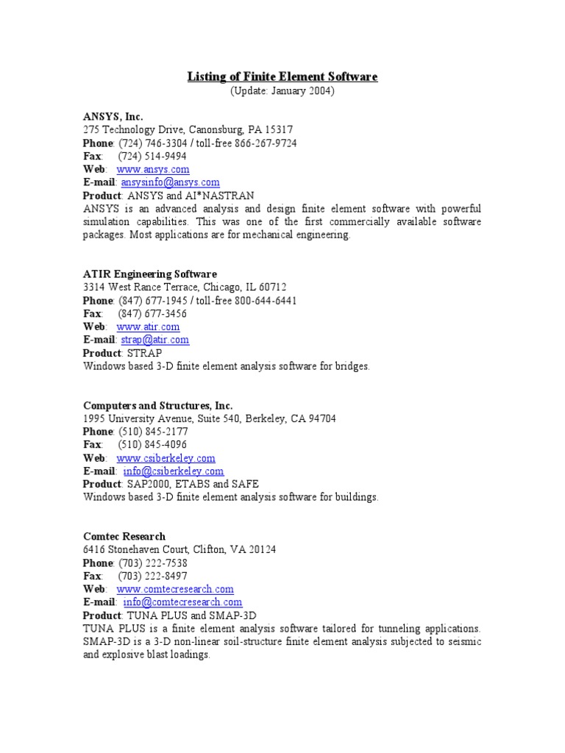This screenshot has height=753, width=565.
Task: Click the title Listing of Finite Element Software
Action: [282, 76]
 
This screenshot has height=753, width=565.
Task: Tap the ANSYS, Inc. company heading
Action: [113, 116]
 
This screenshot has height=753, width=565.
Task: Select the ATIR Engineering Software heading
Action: [149, 274]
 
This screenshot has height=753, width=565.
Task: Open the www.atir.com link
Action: [148, 326]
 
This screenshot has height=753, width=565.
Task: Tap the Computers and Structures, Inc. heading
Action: [157, 405]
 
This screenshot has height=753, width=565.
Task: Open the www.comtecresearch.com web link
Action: [175, 589]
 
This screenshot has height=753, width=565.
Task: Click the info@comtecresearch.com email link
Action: [182, 602]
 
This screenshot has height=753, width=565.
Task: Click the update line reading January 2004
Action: [282, 90]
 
